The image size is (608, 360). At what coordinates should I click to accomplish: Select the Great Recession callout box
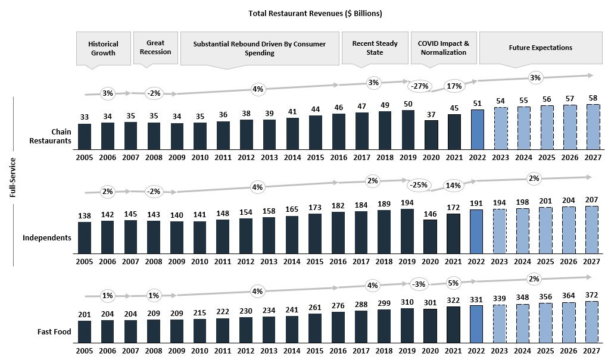click(155, 48)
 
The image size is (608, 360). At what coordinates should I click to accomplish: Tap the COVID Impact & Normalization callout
click(443, 48)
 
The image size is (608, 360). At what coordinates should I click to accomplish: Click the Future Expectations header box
click(540, 48)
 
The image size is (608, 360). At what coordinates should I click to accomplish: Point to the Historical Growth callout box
click(103, 48)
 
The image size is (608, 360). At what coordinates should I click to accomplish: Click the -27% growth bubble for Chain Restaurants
click(419, 86)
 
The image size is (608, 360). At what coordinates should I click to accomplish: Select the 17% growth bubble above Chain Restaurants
click(454, 86)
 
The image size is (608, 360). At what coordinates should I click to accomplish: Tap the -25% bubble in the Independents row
click(419, 185)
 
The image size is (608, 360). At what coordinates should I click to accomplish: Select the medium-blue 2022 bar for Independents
click(478, 231)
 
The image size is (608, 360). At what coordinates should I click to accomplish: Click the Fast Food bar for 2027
click(592, 323)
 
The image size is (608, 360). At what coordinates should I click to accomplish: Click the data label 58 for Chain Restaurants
click(592, 98)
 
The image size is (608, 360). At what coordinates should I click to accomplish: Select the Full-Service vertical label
click(13, 178)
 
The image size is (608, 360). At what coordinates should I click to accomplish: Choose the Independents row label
click(47, 238)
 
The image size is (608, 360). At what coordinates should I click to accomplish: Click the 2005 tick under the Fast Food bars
click(85, 352)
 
